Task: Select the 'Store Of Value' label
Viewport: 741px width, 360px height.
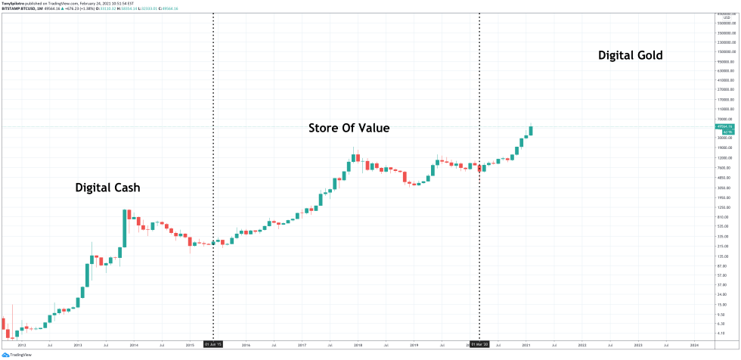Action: (349, 129)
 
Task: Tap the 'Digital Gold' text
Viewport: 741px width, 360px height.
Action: (630, 55)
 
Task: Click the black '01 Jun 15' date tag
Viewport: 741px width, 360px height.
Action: (212, 344)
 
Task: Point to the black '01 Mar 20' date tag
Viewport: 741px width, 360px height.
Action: (479, 344)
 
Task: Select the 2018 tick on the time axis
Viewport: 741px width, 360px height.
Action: (358, 344)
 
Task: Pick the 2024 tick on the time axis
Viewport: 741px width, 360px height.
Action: (694, 344)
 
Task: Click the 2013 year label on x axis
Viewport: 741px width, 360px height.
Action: (77, 344)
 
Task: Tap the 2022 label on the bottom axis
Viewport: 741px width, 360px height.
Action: (581, 344)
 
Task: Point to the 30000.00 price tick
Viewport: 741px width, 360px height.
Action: (724, 138)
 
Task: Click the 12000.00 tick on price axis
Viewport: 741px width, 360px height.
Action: (724, 158)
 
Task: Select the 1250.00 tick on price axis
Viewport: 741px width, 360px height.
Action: (724, 207)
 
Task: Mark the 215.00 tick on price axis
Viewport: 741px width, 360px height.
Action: (724, 246)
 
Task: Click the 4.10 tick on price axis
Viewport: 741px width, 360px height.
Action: (724, 333)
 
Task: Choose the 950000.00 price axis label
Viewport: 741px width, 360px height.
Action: (724, 61)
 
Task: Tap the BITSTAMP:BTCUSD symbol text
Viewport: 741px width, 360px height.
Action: (18, 8)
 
